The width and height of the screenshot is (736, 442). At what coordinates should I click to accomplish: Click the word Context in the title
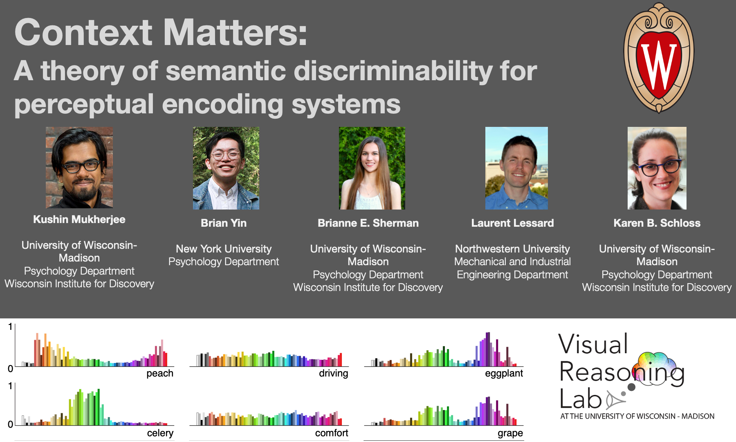(83, 32)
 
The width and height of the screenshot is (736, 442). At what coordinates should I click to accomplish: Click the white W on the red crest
(658, 65)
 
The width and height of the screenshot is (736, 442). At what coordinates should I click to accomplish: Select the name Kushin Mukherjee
(79, 219)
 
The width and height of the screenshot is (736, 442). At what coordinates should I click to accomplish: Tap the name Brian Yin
(224, 223)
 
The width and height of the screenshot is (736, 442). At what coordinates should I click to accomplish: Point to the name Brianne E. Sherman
(368, 223)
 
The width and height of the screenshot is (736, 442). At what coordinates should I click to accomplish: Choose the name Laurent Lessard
(512, 223)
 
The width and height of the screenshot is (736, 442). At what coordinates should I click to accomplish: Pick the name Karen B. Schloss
(657, 223)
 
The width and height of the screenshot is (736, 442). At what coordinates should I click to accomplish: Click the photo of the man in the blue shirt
(516, 168)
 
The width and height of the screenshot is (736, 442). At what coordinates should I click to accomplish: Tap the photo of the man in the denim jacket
(226, 168)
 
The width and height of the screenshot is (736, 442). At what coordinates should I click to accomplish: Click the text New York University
(224, 249)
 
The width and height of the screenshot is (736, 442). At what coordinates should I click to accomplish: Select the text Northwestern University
(512, 249)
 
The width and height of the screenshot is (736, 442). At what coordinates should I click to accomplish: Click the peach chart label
(160, 374)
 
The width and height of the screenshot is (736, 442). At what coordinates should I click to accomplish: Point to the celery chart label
(160, 433)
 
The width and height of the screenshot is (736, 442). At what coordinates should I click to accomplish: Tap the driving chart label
(333, 374)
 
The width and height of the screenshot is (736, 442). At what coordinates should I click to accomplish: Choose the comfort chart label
(332, 433)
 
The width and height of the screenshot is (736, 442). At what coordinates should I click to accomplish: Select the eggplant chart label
(504, 374)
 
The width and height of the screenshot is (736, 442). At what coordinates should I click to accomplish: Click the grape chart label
(510, 433)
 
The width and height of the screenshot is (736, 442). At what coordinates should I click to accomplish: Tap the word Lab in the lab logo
(581, 399)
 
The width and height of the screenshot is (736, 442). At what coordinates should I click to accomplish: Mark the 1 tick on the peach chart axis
(10, 327)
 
